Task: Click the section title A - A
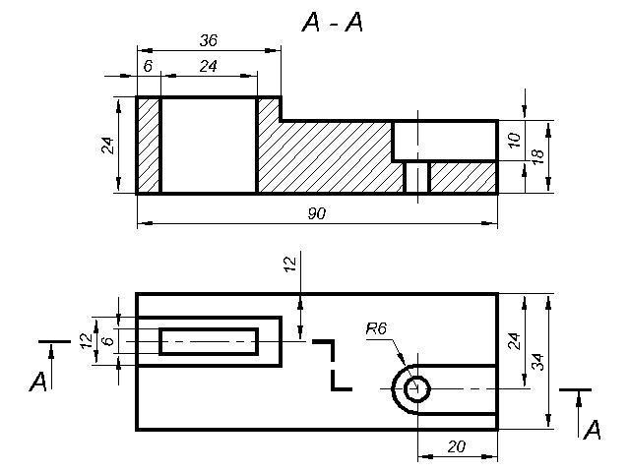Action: [x=333, y=22]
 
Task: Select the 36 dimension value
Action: [x=209, y=40]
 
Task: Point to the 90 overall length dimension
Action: [x=317, y=213]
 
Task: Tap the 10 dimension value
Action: [x=514, y=140]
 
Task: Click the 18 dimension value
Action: [x=537, y=156]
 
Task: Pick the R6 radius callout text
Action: [x=376, y=329]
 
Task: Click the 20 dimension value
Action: [x=457, y=446]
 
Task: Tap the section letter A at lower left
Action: [x=38, y=382]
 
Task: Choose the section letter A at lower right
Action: [x=593, y=430]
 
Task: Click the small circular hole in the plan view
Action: [x=417, y=389]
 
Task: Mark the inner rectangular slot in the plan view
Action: [x=209, y=341]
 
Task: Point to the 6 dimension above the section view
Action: [x=148, y=66]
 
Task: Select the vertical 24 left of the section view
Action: [x=107, y=146]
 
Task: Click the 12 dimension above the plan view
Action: [x=289, y=265]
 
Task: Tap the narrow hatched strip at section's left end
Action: [x=149, y=146]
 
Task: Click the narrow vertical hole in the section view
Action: [x=417, y=177]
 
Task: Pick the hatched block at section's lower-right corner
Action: [x=464, y=177]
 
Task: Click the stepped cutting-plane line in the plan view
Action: [x=333, y=365]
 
